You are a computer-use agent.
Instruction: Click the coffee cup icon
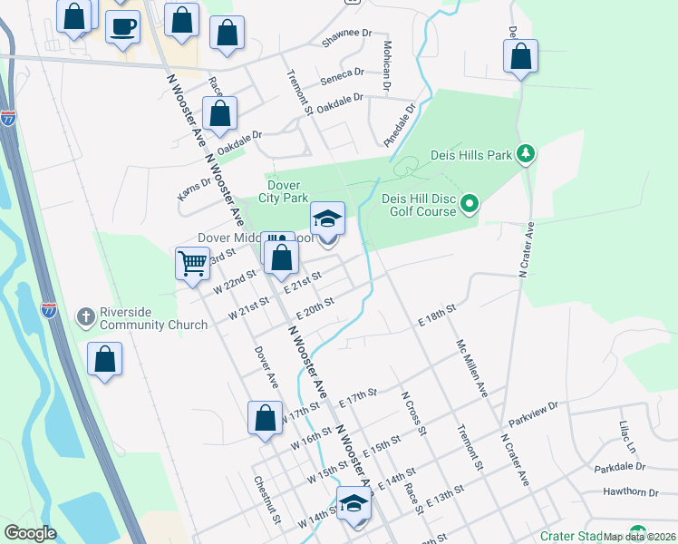click(x=122, y=26)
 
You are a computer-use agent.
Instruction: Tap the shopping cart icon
click(x=193, y=264)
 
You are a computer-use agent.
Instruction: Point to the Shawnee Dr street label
click(x=347, y=39)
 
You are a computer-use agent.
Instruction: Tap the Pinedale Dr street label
click(x=398, y=125)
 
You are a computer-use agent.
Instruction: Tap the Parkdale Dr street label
click(x=620, y=468)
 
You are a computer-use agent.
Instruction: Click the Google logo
click(x=29, y=532)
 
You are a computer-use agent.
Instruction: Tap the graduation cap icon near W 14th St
click(x=354, y=504)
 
